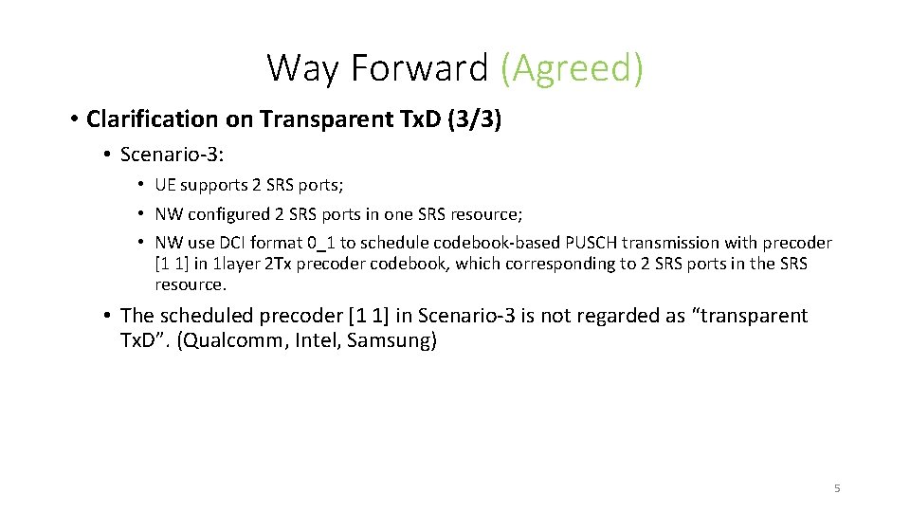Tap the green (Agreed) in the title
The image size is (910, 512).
click(x=572, y=68)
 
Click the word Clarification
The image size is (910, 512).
click(x=152, y=119)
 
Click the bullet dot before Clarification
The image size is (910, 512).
click(x=73, y=119)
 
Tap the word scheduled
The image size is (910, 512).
click(x=201, y=316)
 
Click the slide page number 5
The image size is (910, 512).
click(x=837, y=488)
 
